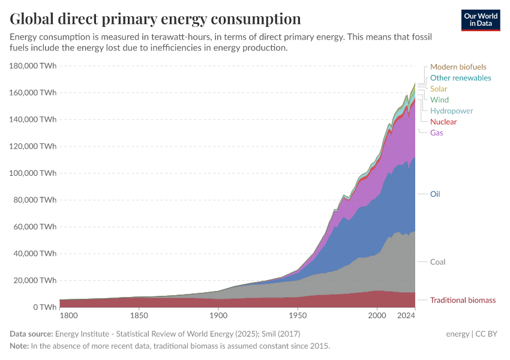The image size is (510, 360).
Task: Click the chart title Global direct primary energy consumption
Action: point(155,19)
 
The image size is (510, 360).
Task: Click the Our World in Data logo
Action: point(481,20)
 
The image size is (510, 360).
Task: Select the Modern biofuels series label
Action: point(458,67)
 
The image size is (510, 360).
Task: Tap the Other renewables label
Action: point(460,78)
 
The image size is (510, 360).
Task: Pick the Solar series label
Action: point(439,89)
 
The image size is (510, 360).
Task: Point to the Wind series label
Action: point(439,100)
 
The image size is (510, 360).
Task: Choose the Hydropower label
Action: point(451,111)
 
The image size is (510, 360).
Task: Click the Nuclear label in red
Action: point(443,122)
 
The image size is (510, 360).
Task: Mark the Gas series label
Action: point(436,133)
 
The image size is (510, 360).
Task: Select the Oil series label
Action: point(435,194)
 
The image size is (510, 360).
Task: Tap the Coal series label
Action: point(437,262)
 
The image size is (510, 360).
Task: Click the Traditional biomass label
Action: point(463,300)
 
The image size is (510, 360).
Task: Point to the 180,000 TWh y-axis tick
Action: point(33,65)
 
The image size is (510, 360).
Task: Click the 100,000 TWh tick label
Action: point(33,173)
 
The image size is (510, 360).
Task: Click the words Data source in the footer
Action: point(31,334)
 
